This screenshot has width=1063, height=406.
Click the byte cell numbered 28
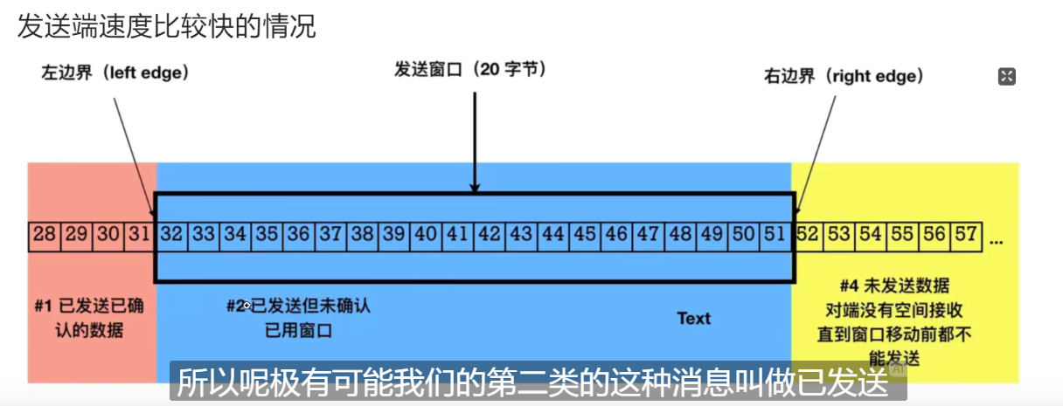(x=45, y=235)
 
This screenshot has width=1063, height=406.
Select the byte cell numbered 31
(x=140, y=235)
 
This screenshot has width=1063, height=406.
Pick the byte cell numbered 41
(x=457, y=235)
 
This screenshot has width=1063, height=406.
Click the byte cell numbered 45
(x=585, y=235)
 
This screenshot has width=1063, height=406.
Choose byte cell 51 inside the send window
(x=774, y=235)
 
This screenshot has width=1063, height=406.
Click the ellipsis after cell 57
(x=997, y=237)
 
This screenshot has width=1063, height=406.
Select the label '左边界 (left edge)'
(x=115, y=74)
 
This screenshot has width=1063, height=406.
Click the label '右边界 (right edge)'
(x=844, y=77)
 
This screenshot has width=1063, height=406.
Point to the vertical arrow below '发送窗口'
(x=475, y=140)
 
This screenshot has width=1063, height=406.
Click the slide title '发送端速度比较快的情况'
(x=166, y=26)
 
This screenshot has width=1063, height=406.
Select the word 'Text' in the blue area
(x=694, y=319)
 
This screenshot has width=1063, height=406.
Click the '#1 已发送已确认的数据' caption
(x=91, y=319)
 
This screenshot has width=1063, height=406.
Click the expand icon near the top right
(x=1006, y=77)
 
